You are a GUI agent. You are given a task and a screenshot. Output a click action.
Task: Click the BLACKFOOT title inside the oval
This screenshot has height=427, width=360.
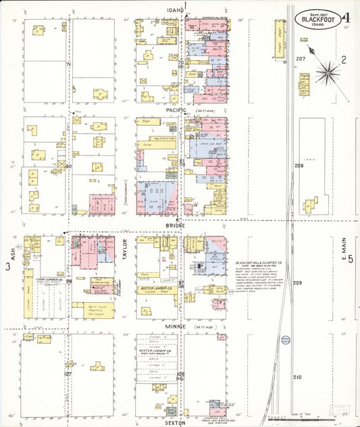(318, 19)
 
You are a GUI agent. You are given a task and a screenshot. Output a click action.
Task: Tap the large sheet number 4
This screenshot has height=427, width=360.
(346, 18)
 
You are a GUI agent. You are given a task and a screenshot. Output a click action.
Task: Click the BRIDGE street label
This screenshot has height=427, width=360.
(176, 227)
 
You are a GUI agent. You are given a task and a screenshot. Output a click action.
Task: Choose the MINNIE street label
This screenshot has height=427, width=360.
(176, 326)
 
